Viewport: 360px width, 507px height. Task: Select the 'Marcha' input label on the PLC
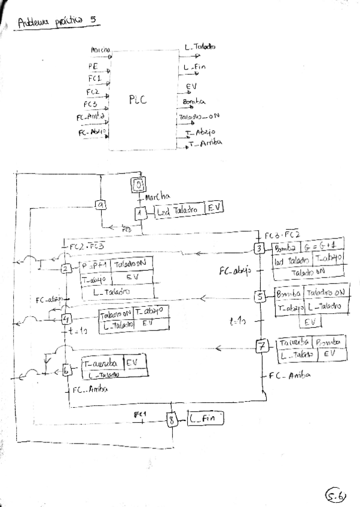tap(100, 50)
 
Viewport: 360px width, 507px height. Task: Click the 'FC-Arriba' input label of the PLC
tap(91, 117)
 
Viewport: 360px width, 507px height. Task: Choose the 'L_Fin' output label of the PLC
tap(195, 67)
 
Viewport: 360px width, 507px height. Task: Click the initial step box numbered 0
tap(138, 184)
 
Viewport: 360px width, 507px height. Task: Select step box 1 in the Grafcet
tap(139, 211)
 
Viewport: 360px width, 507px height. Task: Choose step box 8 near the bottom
tap(173, 420)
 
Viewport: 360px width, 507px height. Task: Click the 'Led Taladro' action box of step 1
tap(178, 210)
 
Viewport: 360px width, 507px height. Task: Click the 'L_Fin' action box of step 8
tap(206, 419)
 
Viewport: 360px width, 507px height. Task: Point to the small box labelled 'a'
tap(101, 204)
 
